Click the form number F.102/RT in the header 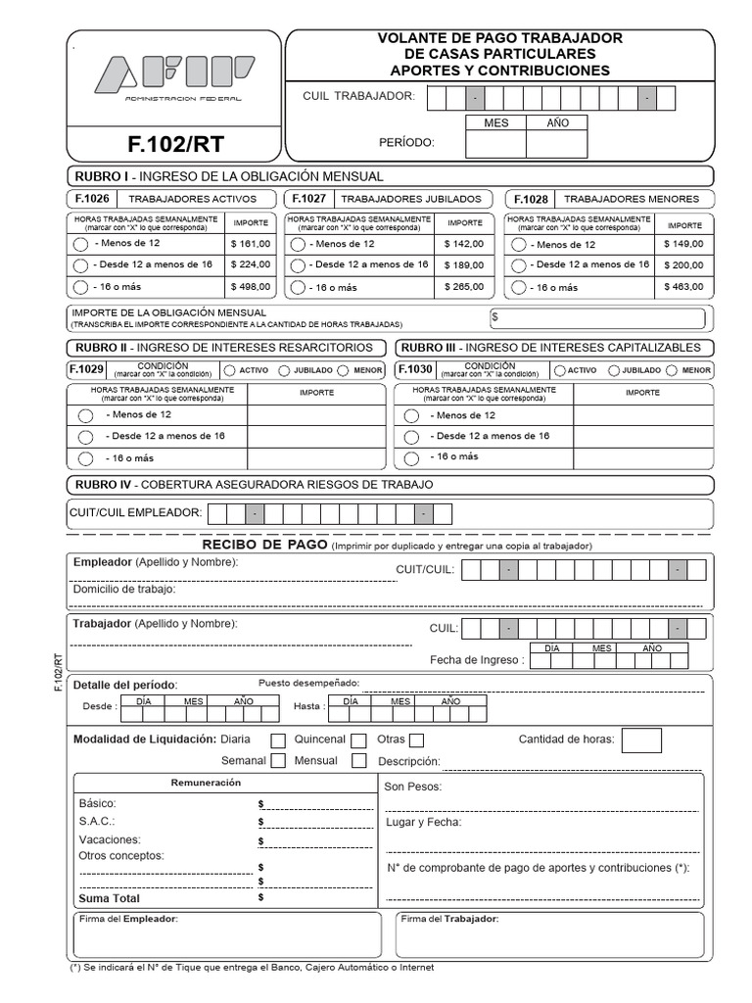point(175,144)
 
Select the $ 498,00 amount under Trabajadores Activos point(249,287)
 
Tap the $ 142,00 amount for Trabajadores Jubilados point(463,244)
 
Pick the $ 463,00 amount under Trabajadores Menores point(683,287)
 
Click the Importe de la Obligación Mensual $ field point(597,317)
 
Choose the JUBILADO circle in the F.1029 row point(283,370)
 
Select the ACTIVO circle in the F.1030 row point(558,370)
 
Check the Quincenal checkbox point(358,740)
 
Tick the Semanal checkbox point(278,761)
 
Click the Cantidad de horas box point(640,741)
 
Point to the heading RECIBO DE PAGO point(263,545)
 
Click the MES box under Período point(496,144)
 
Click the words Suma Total point(109,898)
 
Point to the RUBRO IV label point(99,484)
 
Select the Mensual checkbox point(358,761)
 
